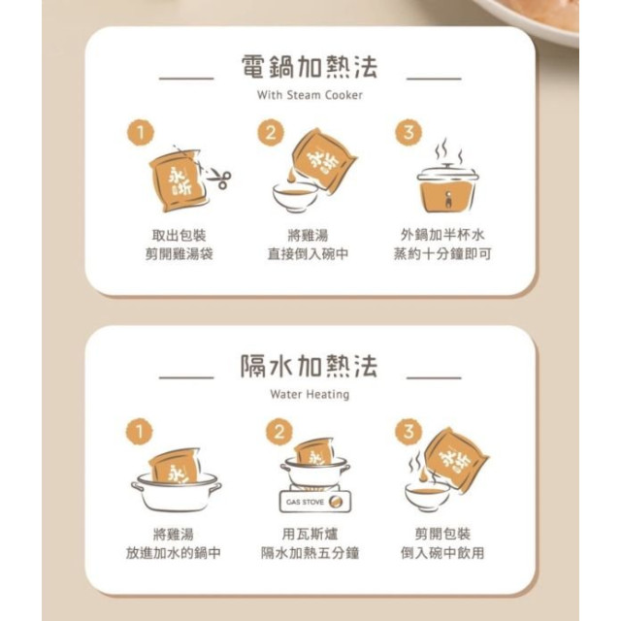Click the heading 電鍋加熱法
[x=309, y=68]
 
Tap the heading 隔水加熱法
[x=309, y=368]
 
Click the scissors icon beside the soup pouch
[x=219, y=180]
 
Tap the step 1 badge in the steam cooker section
[x=142, y=130]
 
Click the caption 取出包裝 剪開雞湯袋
[x=179, y=245]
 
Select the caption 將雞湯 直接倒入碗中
[x=309, y=245]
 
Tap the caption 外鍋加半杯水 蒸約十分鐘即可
[x=446, y=245]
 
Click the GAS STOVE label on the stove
[x=303, y=503]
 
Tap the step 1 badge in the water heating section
[x=142, y=431]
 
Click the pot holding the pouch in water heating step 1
[x=176, y=492]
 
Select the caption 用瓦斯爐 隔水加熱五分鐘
[x=310, y=543]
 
